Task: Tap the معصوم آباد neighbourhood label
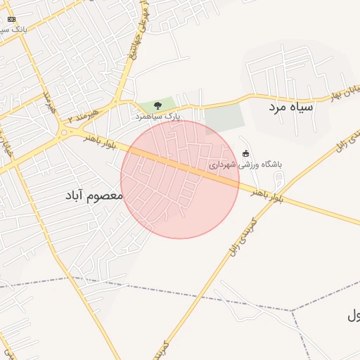94,196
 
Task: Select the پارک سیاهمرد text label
158,115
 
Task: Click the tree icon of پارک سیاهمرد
157,105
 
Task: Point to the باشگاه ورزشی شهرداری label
245,165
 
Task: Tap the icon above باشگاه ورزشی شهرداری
245,153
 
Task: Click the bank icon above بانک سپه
11,19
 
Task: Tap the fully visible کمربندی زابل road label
240,235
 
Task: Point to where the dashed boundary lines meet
291,310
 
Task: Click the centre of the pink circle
180,179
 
